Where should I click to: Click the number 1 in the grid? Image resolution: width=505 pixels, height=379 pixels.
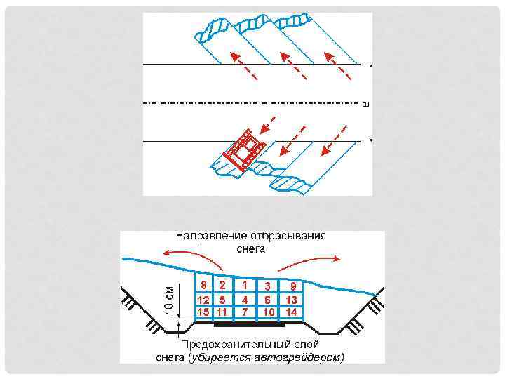pyautogui.click(x=244, y=285)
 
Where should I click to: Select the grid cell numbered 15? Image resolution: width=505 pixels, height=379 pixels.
pyautogui.click(x=203, y=311)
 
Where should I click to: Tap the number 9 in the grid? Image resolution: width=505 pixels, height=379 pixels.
pyautogui.click(x=293, y=286)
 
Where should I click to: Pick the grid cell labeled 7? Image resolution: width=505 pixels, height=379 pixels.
pyautogui.click(x=244, y=311)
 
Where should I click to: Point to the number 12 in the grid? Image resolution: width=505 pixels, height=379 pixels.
pyautogui.click(x=203, y=300)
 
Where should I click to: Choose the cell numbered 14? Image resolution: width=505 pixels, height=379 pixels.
pyautogui.click(x=292, y=311)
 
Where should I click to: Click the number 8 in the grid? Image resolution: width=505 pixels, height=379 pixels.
pyautogui.click(x=203, y=285)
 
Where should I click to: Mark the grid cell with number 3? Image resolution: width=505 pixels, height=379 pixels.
pyautogui.click(x=267, y=286)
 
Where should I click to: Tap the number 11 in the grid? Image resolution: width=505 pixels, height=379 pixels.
pyautogui.click(x=222, y=311)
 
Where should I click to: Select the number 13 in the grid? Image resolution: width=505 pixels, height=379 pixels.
pyautogui.click(x=292, y=300)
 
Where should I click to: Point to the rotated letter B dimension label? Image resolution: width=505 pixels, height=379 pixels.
pyautogui.click(x=365, y=105)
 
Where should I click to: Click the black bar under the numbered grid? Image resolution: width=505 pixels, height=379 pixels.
pyautogui.click(x=250, y=325)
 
